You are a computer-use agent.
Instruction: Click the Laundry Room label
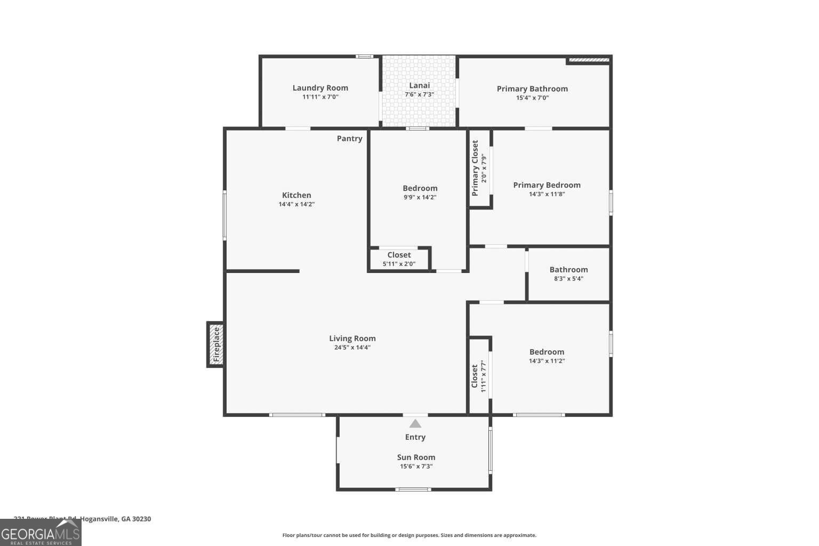pyautogui.click(x=320, y=88)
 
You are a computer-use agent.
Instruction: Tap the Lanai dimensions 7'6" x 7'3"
pyautogui.click(x=419, y=94)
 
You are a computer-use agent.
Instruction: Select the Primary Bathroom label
pyautogui.click(x=532, y=89)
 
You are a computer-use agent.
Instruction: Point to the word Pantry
pyautogui.click(x=349, y=139)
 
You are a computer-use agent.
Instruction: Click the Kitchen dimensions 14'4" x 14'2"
pyautogui.click(x=296, y=204)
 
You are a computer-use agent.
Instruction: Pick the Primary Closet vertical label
pyautogui.click(x=475, y=168)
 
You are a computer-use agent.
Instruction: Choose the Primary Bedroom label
pyautogui.click(x=547, y=185)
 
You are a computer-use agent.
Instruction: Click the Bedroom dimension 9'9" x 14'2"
pyautogui.click(x=420, y=197)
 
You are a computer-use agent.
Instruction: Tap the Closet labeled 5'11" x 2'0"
pyautogui.click(x=399, y=259)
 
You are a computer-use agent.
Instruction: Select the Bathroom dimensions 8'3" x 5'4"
pyautogui.click(x=568, y=278)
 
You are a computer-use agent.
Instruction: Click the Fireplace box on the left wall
pyautogui.click(x=215, y=344)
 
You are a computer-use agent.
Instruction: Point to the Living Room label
pyautogui.click(x=352, y=338)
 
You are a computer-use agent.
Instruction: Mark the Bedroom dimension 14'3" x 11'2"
pyautogui.click(x=547, y=361)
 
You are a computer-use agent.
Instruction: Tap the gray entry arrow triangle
pyautogui.click(x=415, y=424)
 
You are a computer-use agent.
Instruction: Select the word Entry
pyautogui.click(x=415, y=437)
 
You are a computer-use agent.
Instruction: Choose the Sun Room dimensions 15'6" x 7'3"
pyautogui.click(x=416, y=467)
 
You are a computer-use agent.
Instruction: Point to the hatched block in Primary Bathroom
pyautogui.click(x=589, y=60)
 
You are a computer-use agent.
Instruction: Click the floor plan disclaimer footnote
pyautogui.click(x=409, y=535)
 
